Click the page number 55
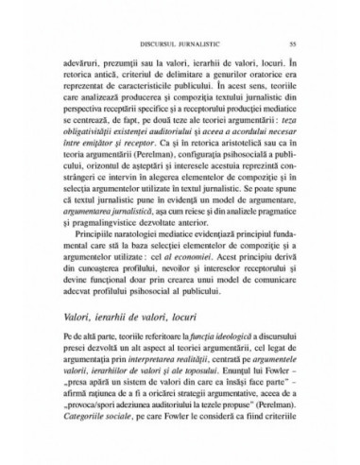pyautogui.click(x=294, y=42)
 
